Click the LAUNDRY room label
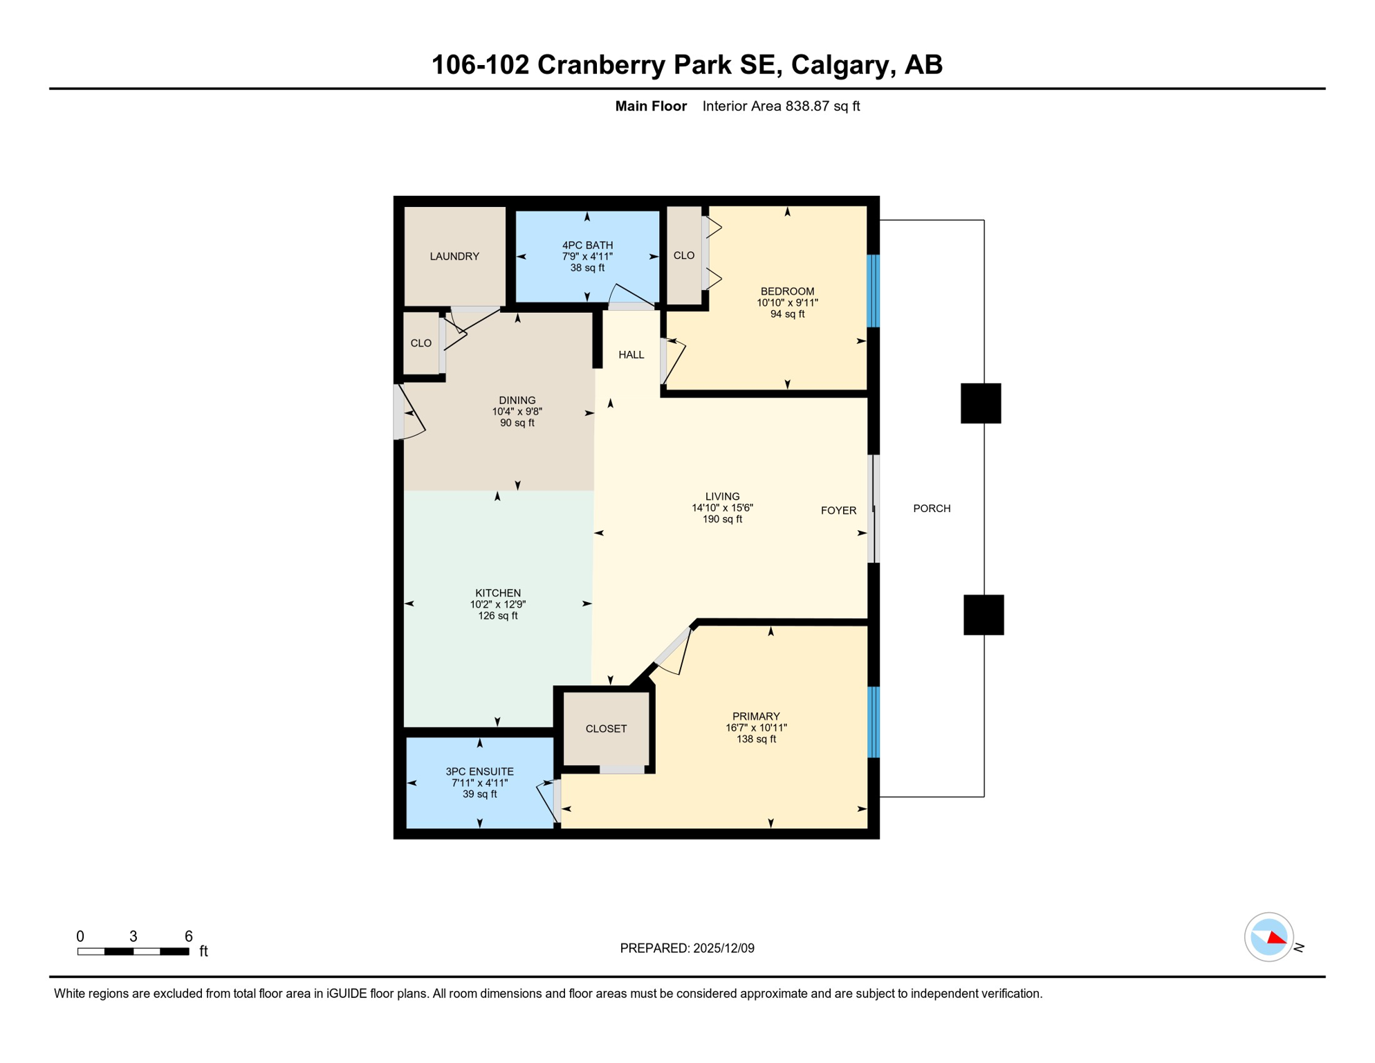454,256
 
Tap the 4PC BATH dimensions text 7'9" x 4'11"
587,257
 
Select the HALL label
631,355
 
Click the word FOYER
838,511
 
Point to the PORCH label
932,509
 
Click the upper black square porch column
981,403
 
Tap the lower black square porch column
984,615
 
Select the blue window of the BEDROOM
874,291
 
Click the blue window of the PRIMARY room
874,722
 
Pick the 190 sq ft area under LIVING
722,519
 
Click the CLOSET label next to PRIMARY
606,729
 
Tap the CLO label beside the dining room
421,343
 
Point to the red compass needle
1277,938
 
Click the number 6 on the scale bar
188,936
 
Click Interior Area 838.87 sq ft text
781,106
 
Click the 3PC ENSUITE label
479,772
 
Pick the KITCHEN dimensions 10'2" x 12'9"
498,604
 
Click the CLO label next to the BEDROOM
683,256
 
